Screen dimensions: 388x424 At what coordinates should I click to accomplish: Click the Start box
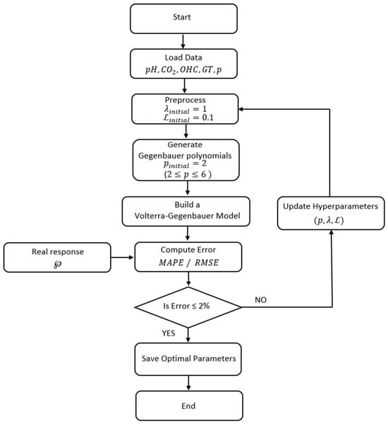click(183, 18)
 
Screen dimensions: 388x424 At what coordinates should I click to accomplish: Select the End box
click(189, 406)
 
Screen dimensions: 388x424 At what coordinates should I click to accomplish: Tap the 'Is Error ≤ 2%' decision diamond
click(188, 307)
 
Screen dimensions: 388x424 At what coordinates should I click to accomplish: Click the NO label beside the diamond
click(260, 300)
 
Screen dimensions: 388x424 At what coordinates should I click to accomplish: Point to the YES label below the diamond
click(169, 333)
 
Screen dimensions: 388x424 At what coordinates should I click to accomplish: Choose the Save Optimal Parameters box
click(188, 359)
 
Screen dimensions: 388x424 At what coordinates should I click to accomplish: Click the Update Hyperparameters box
click(331, 213)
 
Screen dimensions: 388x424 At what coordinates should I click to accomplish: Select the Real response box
click(57, 257)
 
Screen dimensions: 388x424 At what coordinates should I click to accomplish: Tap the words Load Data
click(183, 58)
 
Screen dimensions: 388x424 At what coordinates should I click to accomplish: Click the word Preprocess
click(186, 100)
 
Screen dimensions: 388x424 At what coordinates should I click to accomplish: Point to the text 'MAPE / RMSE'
click(188, 263)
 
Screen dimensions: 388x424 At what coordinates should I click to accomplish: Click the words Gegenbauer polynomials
click(185, 156)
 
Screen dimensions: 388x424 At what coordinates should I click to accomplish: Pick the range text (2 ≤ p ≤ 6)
click(188, 174)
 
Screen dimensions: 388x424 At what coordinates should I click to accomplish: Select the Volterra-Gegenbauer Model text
click(187, 216)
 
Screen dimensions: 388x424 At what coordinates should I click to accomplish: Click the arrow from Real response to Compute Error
click(123, 257)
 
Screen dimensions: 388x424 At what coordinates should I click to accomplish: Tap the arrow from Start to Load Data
click(183, 42)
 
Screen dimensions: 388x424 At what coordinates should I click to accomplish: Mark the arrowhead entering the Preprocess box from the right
click(241, 109)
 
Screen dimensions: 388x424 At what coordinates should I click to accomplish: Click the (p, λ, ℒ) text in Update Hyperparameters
click(329, 220)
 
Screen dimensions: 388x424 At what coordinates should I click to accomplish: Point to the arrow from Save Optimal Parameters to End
click(188, 383)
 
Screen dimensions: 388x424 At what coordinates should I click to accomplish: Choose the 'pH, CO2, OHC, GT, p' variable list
click(183, 70)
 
